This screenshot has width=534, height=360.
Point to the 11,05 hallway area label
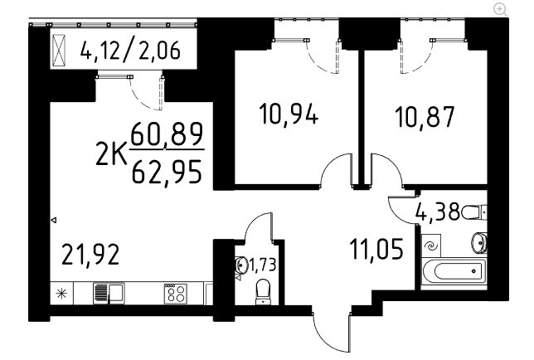coord(376,248)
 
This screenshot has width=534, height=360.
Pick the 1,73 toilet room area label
coord(260,265)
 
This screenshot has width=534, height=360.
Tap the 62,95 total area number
coord(167,172)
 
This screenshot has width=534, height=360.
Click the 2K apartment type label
coord(111,153)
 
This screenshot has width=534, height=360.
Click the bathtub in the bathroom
coord(453,270)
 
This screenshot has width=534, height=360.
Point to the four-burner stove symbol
coord(175,293)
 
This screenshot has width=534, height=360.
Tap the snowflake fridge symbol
coord(61,293)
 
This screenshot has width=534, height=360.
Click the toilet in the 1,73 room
coord(263,289)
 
